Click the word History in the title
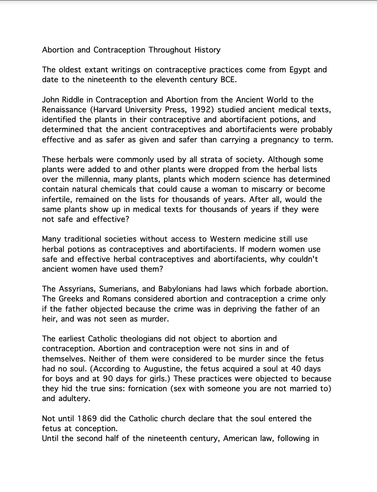click(207, 50)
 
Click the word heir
click(49, 319)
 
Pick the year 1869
click(87, 419)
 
